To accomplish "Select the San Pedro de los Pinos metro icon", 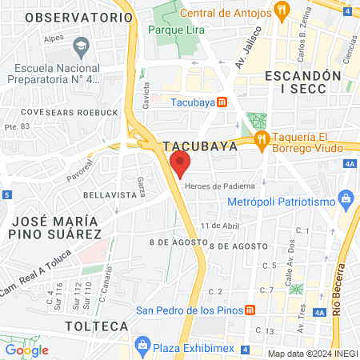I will [x=250, y=310].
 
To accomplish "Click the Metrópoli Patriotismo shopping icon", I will [x=346, y=198].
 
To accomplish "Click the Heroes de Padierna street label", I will [x=213, y=186].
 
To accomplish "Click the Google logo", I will [x=26, y=350].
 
